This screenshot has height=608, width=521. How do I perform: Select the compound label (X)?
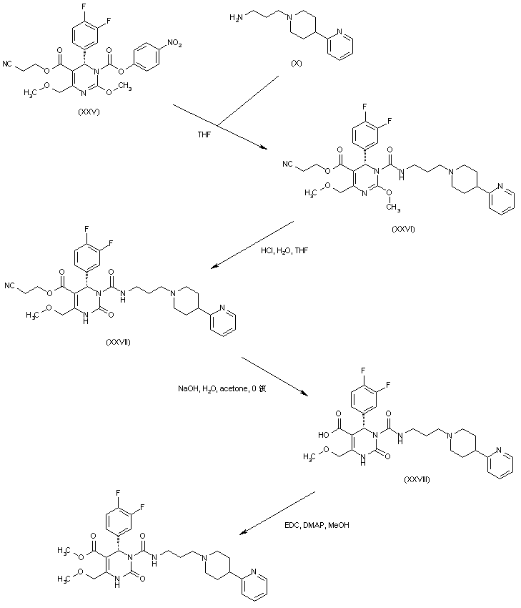296,64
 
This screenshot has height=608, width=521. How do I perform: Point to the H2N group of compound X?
236,15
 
